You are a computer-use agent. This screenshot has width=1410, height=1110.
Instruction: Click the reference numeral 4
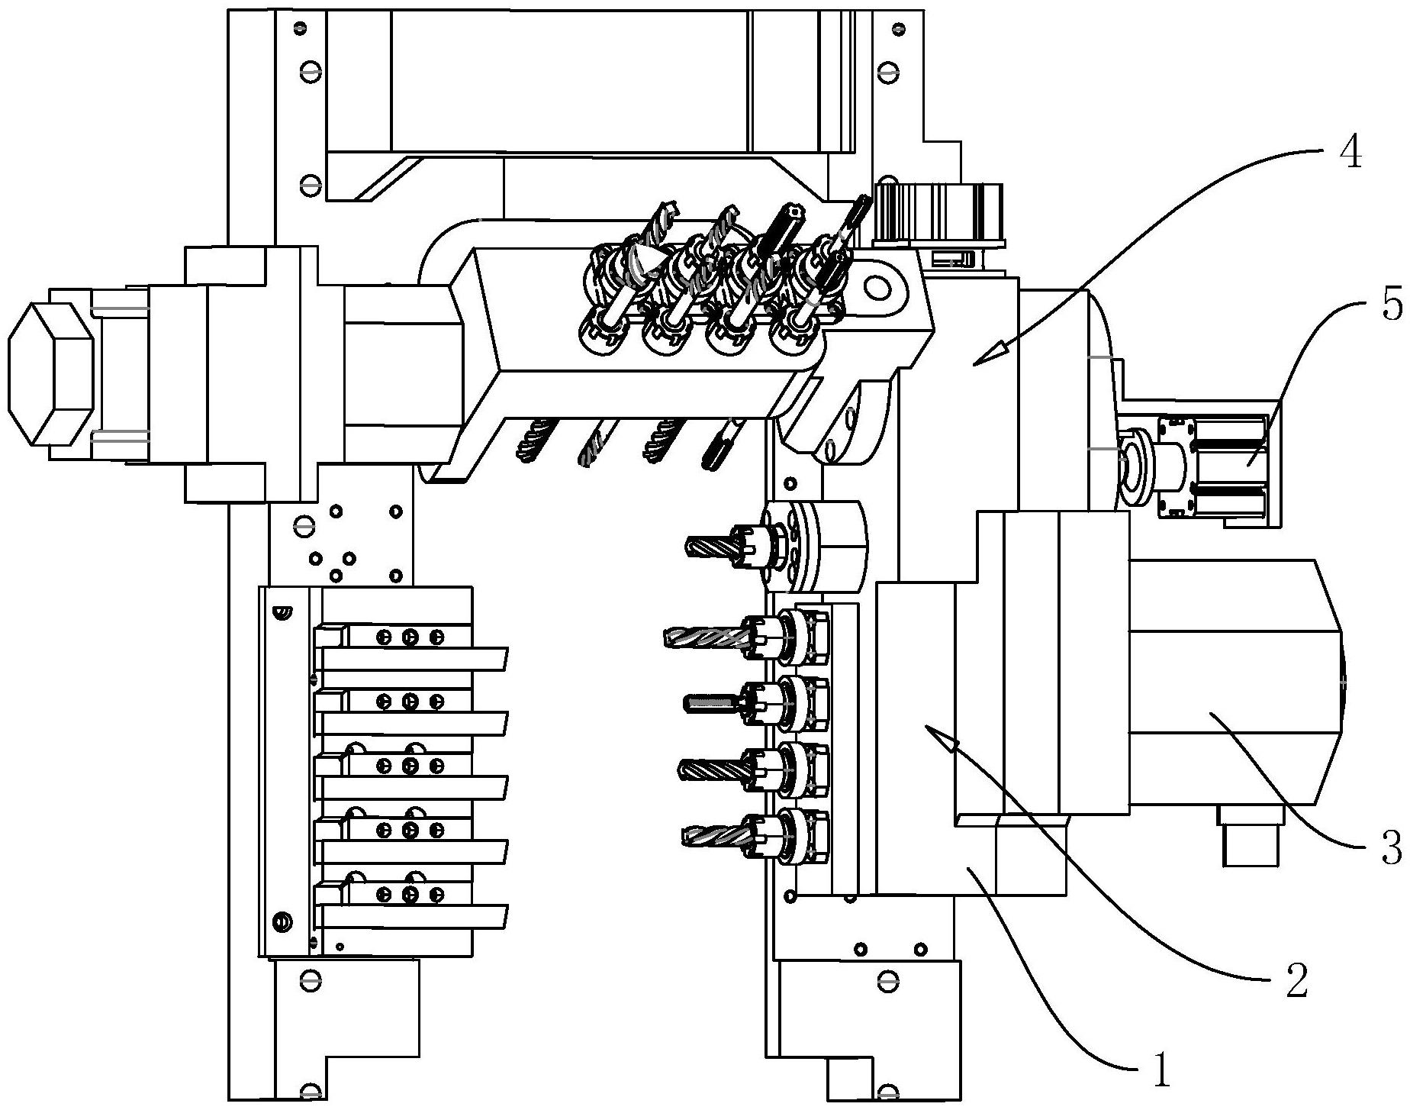[1350, 155]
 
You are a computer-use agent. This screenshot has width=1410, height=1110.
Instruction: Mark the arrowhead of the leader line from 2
[941, 736]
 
